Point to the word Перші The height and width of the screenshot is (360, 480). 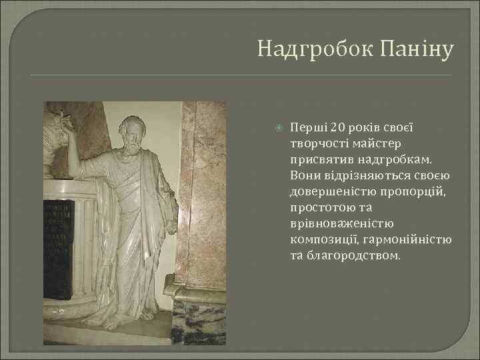[305, 127]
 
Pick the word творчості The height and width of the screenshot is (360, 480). [315, 143]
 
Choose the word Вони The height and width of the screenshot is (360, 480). [303, 175]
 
